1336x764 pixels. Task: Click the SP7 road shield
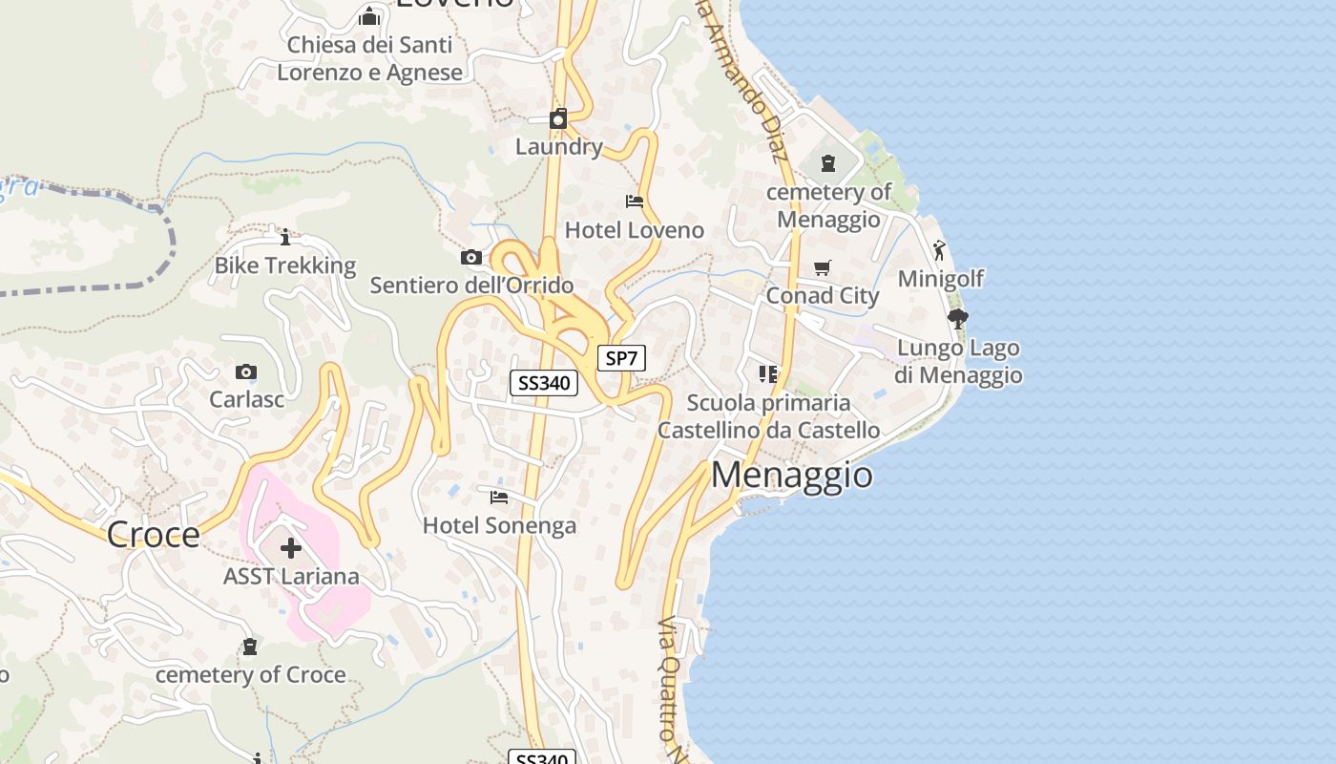(x=621, y=358)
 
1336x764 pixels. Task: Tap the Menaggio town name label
(x=791, y=475)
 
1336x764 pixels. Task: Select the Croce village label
(x=153, y=535)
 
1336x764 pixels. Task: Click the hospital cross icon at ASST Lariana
(x=291, y=548)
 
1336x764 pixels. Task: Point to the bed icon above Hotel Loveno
(x=635, y=202)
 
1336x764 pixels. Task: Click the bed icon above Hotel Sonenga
(x=499, y=498)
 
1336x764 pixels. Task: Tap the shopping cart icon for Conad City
(x=823, y=267)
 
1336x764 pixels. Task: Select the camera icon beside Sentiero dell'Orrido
(x=471, y=258)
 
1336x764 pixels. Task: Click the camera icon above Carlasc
(x=246, y=372)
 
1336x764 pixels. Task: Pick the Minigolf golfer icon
(x=940, y=251)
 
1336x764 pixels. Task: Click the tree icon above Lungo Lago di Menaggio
(x=958, y=319)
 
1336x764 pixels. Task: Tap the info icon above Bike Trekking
(x=284, y=237)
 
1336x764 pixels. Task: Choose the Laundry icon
(x=558, y=119)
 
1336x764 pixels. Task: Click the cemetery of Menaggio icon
(x=828, y=164)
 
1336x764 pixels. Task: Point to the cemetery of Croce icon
(x=250, y=647)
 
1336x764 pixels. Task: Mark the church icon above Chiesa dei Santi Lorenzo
(x=369, y=16)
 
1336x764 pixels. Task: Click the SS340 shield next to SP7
(x=544, y=383)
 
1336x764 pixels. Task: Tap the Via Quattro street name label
(x=674, y=678)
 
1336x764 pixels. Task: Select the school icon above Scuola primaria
(x=768, y=373)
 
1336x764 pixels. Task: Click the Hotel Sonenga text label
(x=499, y=525)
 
